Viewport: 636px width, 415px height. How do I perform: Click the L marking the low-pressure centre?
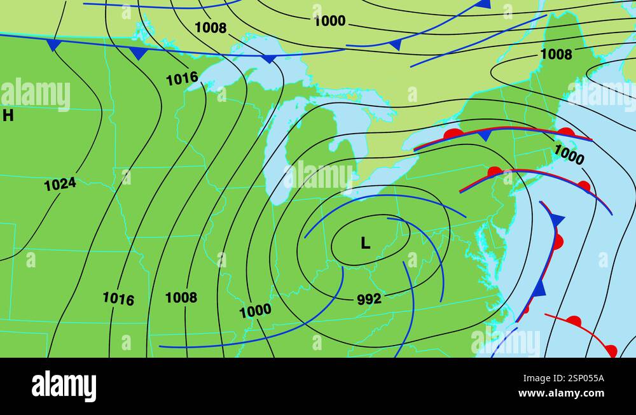tap(365, 243)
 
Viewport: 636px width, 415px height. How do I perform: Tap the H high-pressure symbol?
tap(8, 115)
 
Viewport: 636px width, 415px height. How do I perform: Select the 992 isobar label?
tap(369, 299)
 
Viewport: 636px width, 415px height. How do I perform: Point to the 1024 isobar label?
tap(60, 184)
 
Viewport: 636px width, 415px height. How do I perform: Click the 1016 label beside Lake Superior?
tap(182, 79)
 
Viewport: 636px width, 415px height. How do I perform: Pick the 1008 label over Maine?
tap(556, 55)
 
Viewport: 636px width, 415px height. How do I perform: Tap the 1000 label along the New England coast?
tap(569, 154)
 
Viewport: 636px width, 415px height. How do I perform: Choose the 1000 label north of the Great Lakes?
tap(329, 21)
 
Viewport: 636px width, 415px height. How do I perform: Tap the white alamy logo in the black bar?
tap(64, 386)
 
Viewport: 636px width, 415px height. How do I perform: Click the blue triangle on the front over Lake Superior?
tap(269, 59)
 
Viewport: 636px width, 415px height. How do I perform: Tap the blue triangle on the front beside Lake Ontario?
tap(485, 136)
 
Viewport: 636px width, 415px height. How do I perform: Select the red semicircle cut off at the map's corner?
tap(611, 350)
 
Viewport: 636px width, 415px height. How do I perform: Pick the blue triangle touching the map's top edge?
tap(483, 4)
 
